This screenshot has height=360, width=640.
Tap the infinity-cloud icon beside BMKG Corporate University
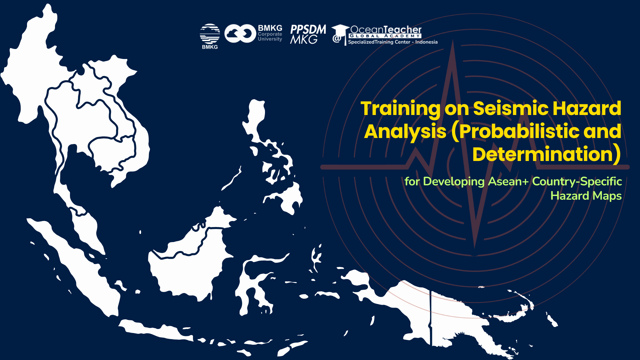point(240,34)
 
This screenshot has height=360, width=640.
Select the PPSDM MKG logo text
point(308,34)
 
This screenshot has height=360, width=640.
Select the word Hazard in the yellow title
point(587,108)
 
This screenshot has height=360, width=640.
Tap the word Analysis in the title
point(405,132)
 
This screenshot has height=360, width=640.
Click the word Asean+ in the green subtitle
point(508,181)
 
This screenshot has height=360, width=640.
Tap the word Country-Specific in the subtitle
point(577,181)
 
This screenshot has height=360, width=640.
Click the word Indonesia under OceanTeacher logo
point(426,42)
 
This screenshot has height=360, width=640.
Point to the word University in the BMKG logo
point(270,39)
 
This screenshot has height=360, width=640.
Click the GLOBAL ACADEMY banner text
point(385,36)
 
